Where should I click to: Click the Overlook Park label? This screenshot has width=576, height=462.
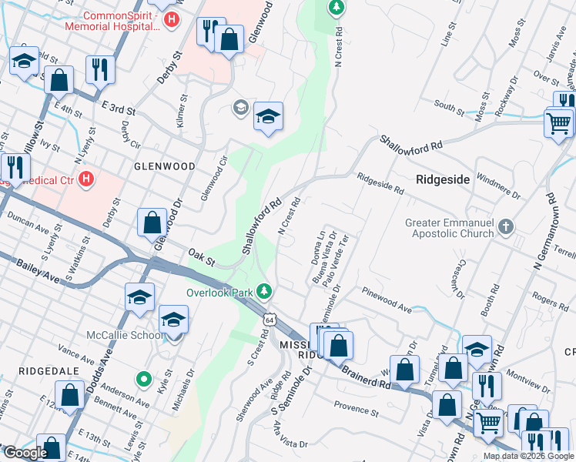coord(220,292)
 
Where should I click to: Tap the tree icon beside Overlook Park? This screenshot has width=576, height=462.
coord(264,290)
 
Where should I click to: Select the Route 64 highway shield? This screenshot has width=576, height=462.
coord(268,318)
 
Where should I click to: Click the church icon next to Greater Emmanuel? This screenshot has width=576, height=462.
coord(505,226)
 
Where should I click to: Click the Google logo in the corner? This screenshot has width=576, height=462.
coord(25,453)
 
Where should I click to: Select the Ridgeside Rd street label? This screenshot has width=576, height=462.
coord(380,182)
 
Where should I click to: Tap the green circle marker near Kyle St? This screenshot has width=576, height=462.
coord(143,378)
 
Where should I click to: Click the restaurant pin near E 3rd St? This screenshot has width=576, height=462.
coord(101,70)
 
